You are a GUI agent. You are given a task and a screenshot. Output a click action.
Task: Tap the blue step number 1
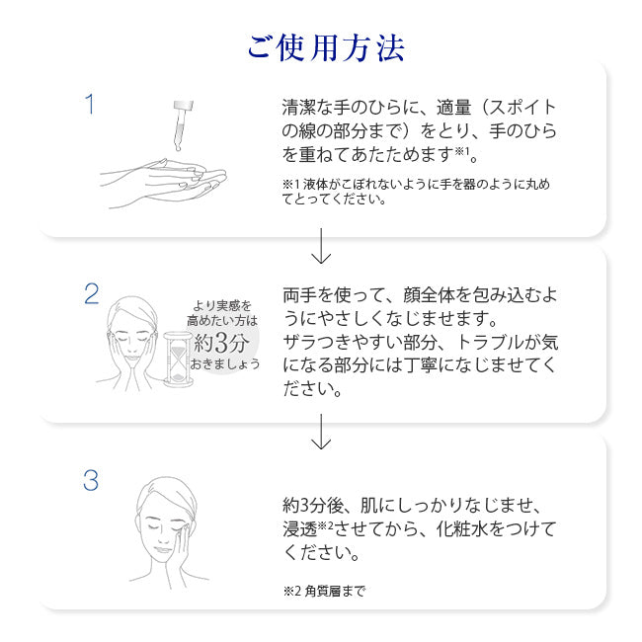(x=90, y=104)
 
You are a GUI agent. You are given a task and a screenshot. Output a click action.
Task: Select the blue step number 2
(x=91, y=293)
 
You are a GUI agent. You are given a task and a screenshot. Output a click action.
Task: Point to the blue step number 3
(x=91, y=481)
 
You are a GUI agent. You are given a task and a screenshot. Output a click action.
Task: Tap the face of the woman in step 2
(x=135, y=331)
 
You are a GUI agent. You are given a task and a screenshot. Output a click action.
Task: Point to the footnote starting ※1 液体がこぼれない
(x=416, y=191)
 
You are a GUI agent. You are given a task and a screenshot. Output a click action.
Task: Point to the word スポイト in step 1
(x=518, y=108)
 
